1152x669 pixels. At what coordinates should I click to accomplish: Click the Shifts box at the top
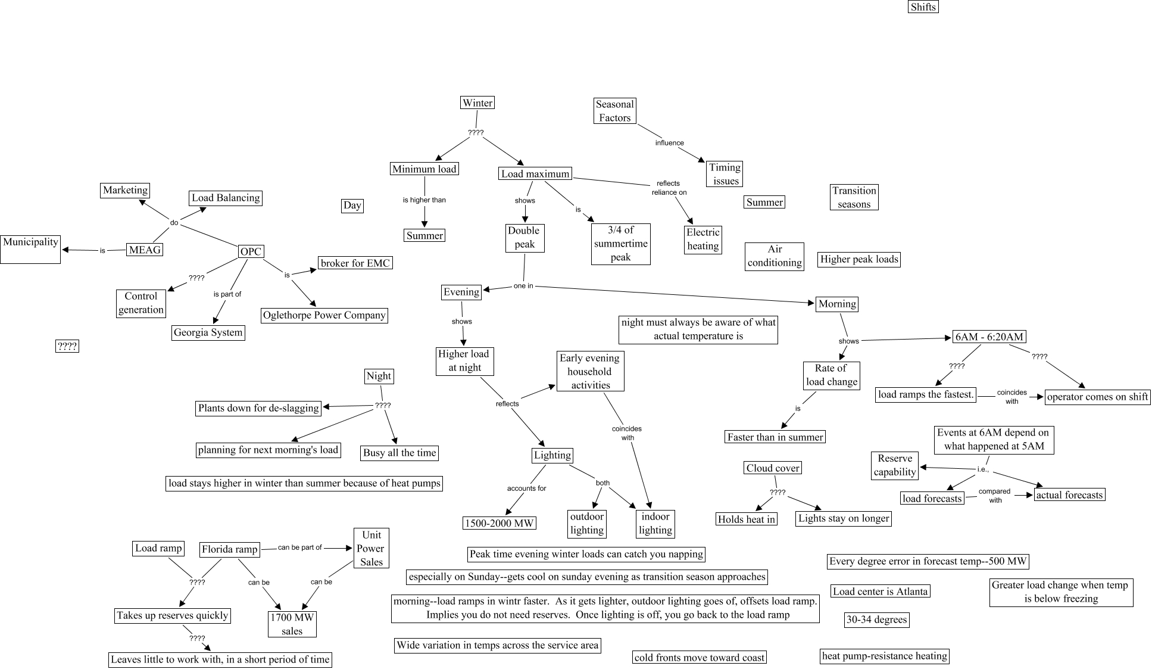tap(923, 7)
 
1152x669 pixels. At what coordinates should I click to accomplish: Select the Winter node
tap(477, 103)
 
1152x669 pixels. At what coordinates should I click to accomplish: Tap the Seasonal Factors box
tap(614, 111)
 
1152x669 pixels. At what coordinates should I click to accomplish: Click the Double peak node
tap(524, 238)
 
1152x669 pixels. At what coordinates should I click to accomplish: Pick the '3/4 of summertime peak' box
tap(620, 244)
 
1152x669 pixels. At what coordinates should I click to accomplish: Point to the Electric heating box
tap(703, 239)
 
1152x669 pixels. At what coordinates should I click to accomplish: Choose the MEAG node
tap(145, 250)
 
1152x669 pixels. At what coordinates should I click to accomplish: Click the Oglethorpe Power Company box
tap(324, 315)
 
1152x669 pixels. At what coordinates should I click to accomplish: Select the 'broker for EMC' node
tap(355, 263)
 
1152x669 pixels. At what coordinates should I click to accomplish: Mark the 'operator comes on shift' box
tap(1097, 397)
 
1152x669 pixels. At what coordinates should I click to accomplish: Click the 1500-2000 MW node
tap(499, 523)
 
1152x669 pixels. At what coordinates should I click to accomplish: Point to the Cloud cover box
tap(773, 468)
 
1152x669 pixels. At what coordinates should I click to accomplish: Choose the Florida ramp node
tap(229, 549)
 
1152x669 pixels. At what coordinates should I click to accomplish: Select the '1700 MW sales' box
tap(292, 624)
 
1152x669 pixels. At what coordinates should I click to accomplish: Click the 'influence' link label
tap(669, 143)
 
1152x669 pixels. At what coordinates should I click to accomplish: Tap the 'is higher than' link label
tap(424, 200)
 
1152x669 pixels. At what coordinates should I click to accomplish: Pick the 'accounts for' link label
tap(526, 488)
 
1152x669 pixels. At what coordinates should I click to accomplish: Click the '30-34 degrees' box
tap(876, 620)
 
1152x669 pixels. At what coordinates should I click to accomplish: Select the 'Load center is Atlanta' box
tap(880, 592)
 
